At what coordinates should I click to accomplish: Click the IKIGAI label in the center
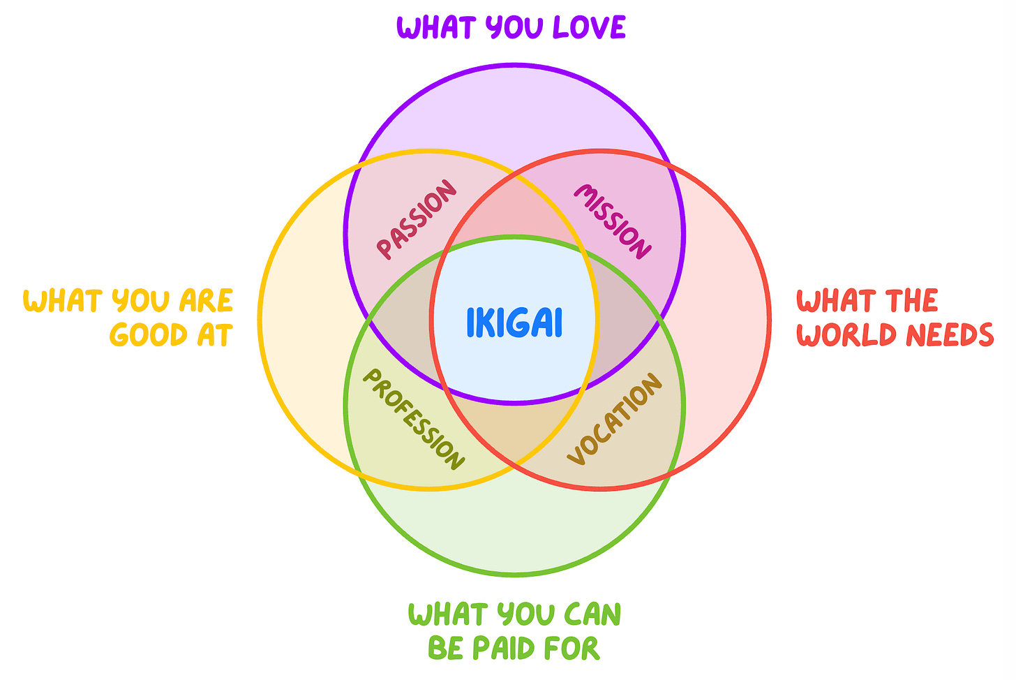pos(514,323)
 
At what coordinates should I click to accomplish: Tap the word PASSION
pos(417,220)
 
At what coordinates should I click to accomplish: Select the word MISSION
pos(613,221)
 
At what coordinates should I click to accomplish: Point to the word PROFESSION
pos(412,420)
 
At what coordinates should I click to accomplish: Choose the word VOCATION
pos(614,419)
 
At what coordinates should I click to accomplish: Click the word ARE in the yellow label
pos(206,301)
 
